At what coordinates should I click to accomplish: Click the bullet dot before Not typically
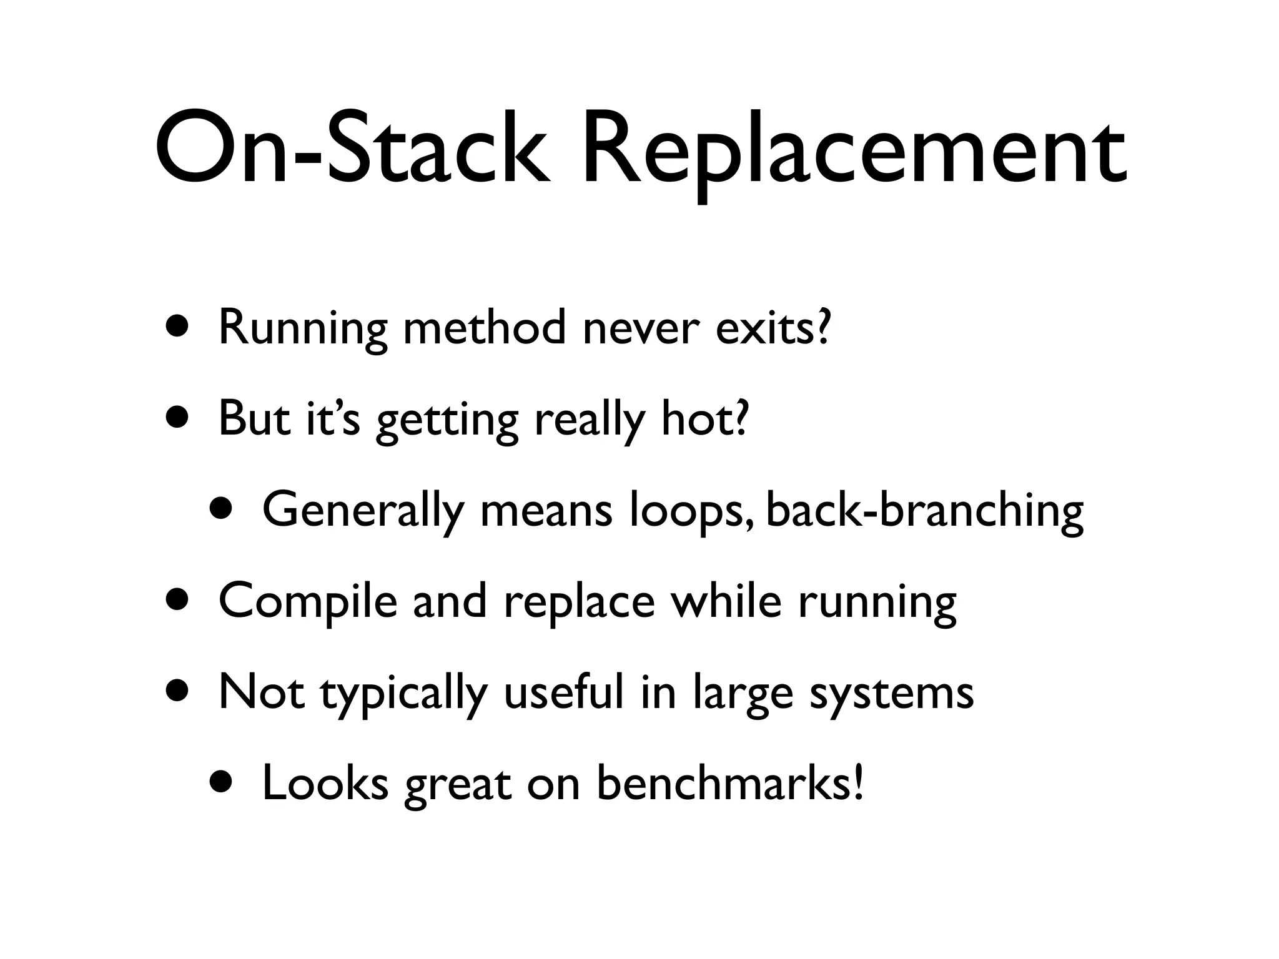(x=178, y=692)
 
